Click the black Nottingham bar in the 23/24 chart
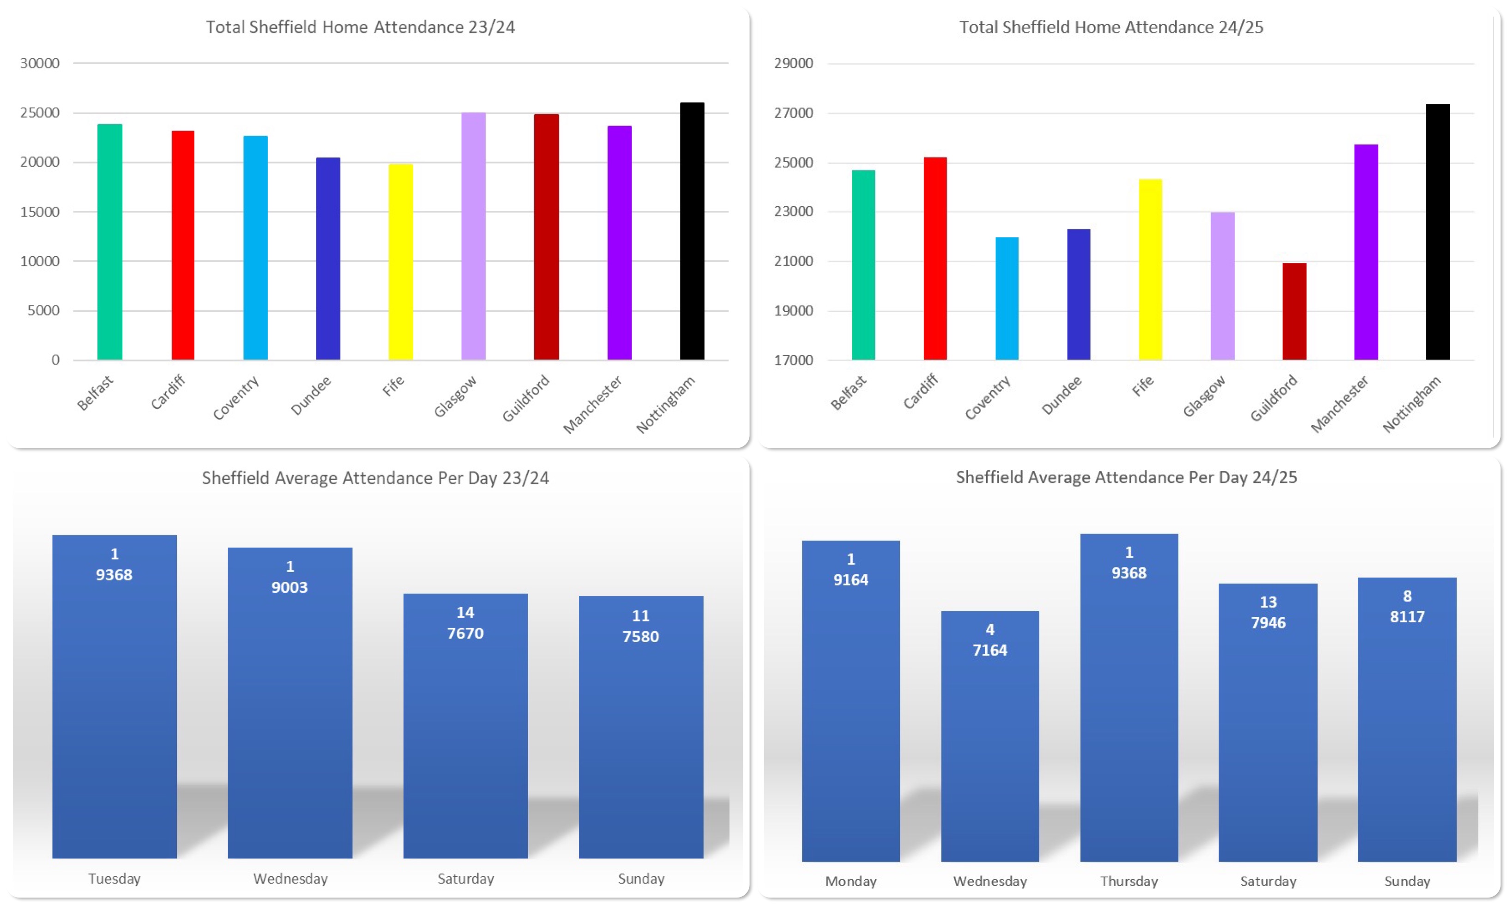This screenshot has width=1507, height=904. (692, 231)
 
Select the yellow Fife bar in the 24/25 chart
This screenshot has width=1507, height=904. (1150, 269)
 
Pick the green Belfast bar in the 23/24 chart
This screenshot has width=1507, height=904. (109, 242)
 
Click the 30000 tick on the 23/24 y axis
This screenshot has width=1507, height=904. (40, 63)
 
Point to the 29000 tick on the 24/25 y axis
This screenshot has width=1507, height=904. (793, 63)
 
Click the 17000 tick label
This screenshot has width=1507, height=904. (793, 360)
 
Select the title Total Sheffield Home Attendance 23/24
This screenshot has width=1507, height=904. (360, 27)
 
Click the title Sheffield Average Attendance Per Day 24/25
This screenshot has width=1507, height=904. (1126, 477)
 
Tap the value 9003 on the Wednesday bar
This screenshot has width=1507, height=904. (289, 587)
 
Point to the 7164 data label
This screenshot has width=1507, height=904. (989, 650)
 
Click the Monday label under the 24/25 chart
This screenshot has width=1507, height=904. (850, 881)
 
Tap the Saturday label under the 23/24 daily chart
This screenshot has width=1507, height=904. (465, 879)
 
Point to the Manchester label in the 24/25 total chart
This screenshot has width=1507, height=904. (1339, 404)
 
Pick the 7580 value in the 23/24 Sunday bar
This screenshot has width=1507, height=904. (640, 637)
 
